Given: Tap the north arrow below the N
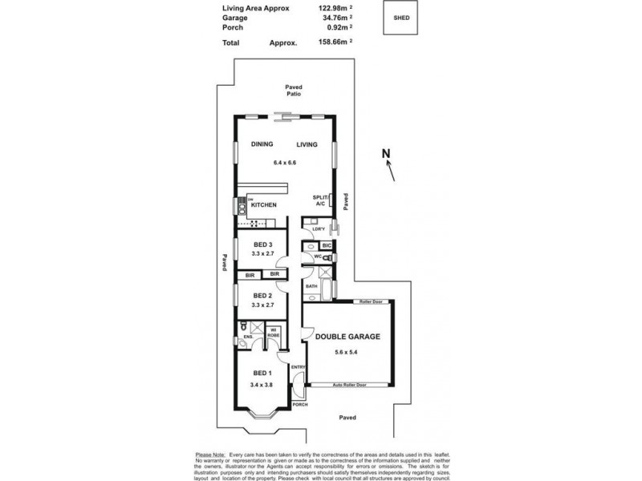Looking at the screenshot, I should (391, 171).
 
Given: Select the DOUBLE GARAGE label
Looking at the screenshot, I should (347, 338).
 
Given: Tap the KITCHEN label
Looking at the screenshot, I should (264, 205).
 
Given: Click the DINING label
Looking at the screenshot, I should (262, 144).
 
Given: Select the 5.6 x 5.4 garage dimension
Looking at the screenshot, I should (347, 353).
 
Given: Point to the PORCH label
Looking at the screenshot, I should (300, 405).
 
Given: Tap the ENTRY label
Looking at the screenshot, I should (298, 367).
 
